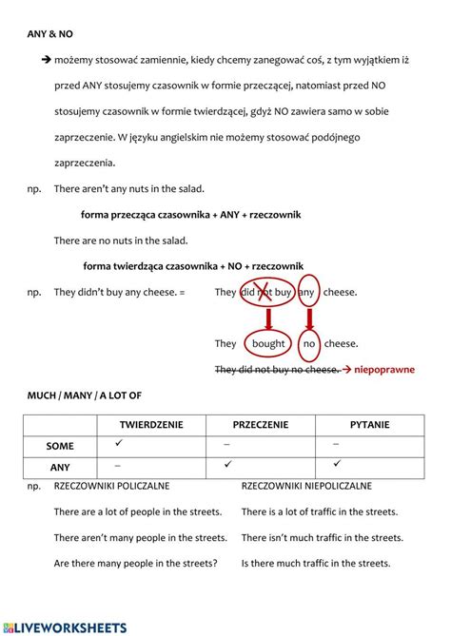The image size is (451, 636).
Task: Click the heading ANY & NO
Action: click(49, 33)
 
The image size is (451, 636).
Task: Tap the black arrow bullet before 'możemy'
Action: click(45, 60)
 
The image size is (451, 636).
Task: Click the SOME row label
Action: click(60, 445)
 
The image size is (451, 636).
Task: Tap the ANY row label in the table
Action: click(60, 467)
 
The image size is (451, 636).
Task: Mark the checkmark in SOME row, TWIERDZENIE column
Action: click(118, 444)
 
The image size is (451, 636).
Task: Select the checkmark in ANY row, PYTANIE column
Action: click(337, 465)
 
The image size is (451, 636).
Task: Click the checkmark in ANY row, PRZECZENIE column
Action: click(227, 465)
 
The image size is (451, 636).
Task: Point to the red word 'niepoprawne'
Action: click(384, 369)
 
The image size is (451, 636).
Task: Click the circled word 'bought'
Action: click(268, 344)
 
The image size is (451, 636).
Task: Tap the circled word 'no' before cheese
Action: click(309, 344)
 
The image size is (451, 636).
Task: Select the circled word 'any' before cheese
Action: click(306, 292)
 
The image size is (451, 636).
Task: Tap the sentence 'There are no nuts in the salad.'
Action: click(121, 241)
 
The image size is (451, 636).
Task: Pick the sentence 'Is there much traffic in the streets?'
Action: click(316, 563)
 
